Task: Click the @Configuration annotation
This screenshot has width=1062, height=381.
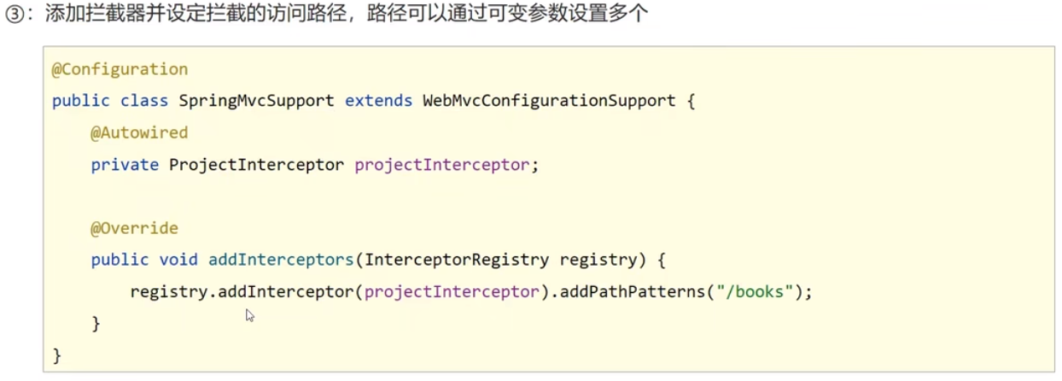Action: [x=120, y=69]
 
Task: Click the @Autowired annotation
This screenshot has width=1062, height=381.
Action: [x=139, y=132]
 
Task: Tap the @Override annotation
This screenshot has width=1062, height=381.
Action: [x=134, y=228]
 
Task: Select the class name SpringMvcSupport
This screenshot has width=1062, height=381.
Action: [x=256, y=101]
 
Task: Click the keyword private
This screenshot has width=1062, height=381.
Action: [x=125, y=165]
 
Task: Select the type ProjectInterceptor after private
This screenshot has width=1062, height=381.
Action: [x=256, y=165]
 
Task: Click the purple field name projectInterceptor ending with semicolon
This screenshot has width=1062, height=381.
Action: [x=442, y=165]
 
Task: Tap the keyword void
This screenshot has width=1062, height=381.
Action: [x=178, y=260]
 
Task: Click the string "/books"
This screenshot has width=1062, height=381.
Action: [x=756, y=292]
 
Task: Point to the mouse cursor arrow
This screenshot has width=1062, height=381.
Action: [x=249, y=314]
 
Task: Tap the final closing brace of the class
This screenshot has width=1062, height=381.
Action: [x=57, y=355]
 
